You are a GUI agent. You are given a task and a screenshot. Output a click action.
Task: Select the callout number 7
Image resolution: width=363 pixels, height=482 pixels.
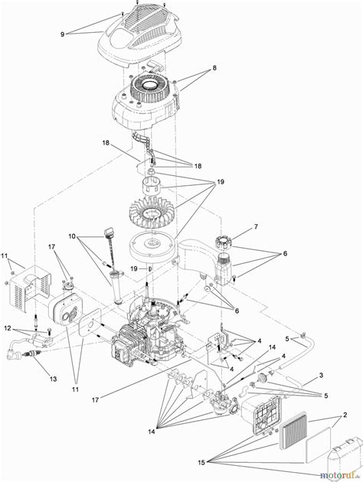tap(257, 227)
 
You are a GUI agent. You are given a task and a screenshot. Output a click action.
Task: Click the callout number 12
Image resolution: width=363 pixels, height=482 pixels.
tap(6, 329)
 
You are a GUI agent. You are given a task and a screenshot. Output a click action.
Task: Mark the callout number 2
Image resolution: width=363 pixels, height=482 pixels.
tap(347, 414)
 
